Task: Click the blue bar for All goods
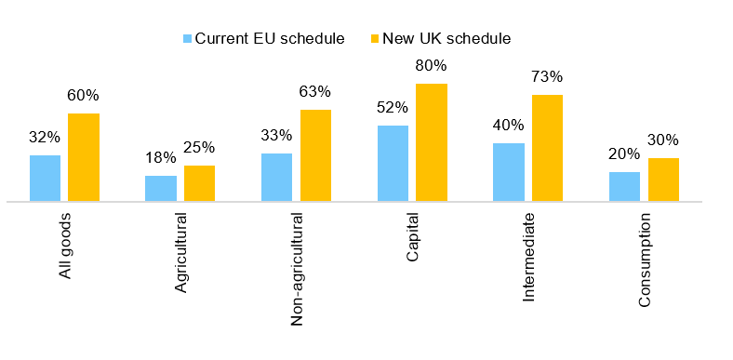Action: (x=45, y=178)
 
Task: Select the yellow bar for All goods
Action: (x=84, y=157)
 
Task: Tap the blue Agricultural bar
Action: (x=161, y=188)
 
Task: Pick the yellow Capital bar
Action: (x=432, y=142)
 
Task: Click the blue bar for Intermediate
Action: (x=509, y=172)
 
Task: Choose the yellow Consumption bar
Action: (x=663, y=180)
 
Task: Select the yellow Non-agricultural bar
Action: (x=315, y=155)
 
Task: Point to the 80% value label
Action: (x=432, y=66)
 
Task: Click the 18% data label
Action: (x=161, y=158)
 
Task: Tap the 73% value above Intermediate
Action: (x=547, y=77)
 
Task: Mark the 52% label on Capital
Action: (x=393, y=108)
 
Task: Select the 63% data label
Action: (x=315, y=92)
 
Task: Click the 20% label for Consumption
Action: (x=624, y=154)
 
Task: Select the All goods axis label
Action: (x=66, y=244)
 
